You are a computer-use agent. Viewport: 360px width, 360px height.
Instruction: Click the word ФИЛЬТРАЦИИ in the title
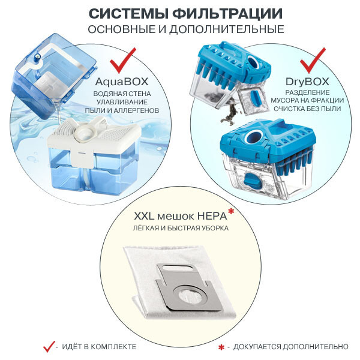(227, 14)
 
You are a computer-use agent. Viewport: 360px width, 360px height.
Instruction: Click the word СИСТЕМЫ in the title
(128, 14)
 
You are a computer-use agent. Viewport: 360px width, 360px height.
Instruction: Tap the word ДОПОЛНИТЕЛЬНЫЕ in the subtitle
(227, 29)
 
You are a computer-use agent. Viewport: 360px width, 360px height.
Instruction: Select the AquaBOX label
(122, 82)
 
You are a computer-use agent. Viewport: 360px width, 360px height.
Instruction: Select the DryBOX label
(307, 82)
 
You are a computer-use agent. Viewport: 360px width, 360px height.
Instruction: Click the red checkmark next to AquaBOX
(123, 60)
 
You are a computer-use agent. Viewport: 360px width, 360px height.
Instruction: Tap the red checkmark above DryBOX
(313, 60)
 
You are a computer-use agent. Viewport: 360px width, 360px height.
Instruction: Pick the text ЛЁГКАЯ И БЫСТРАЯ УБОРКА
(181, 228)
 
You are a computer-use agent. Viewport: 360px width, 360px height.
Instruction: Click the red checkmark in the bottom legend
(49, 346)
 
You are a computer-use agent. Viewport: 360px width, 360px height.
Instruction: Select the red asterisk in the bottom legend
(221, 347)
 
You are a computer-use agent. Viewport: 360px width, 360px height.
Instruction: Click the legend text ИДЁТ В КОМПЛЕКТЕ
(99, 347)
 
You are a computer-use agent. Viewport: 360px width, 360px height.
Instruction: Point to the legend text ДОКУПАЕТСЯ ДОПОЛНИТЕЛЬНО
(291, 347)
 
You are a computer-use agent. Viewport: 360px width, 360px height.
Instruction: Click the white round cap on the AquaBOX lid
(85, 133)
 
